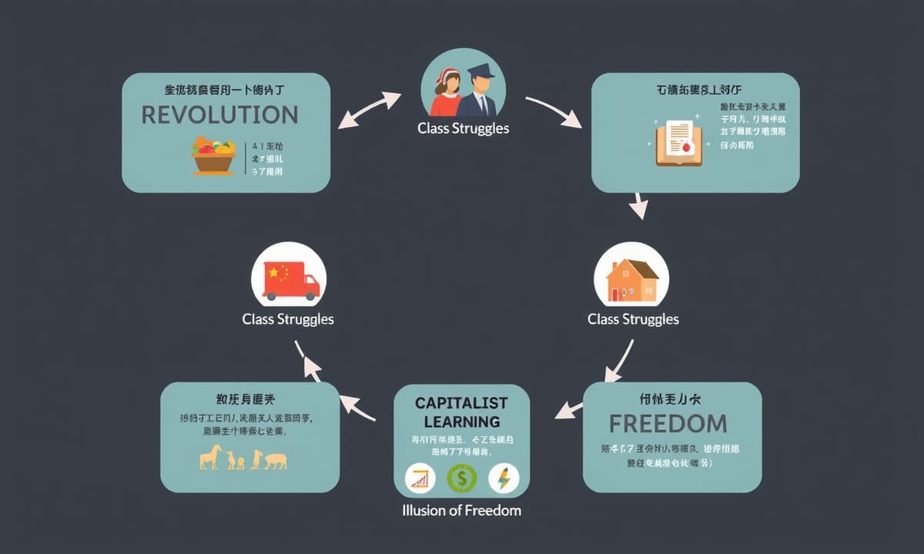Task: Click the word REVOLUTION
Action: point(219,115)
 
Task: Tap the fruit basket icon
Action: point(213,155)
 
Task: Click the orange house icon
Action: point(631,279)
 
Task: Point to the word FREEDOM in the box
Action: point(668,423)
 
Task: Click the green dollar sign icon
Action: point(462,479)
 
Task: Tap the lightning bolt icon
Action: point(504,479)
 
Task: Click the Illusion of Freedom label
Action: point(462,510)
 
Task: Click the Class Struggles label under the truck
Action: point(288,319)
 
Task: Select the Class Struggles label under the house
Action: point(633,319)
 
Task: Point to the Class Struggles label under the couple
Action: point(463,128)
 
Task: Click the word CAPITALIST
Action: point(461,402)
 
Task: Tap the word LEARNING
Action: point(461,422)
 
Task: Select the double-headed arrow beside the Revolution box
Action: point(370,109)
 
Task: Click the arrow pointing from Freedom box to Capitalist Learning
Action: point(570,409)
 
